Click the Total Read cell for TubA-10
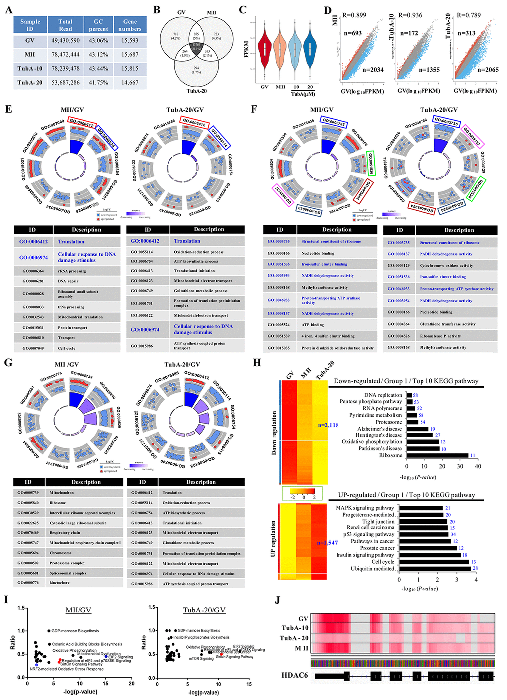pyautogui.click(x=65, y=68)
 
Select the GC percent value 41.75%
pyautogui.click(x=98, y=82)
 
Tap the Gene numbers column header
pyautogui.click(x=130, y=25)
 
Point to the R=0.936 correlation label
pyautogui.click(x=410, y=15)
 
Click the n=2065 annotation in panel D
pyautogui.click(x=488, y=70)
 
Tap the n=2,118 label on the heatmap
pyautogui.click(x=328, y=425)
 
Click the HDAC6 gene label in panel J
pyautogui.click(x=295, y=675)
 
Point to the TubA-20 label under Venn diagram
pyautogui.click(x=197, y=91)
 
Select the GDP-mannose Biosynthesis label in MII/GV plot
pyautogui.click(x=75, y=631)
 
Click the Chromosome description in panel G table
pyautogui.click(x=61, y=553)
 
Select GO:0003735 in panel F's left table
pyautogui.click(x=279, y=241)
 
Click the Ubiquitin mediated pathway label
pyautogui.click(x=372, y=569)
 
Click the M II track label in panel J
pyautogui.click(x=301, y=648)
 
